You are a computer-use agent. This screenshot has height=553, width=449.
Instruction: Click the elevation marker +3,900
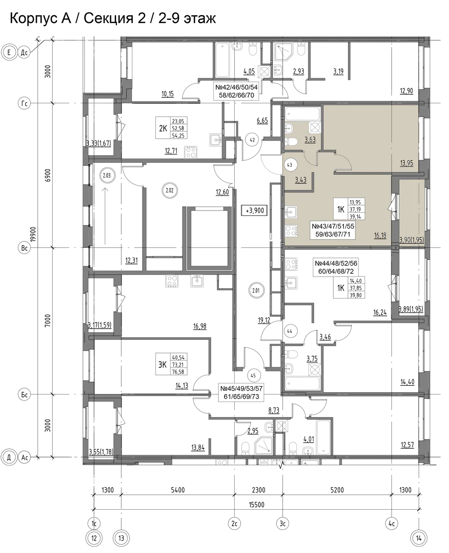(x=254, y=210)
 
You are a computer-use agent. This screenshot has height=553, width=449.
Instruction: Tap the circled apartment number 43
(x=290, y=165)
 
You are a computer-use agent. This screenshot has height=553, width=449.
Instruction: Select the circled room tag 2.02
(x=170, y=190)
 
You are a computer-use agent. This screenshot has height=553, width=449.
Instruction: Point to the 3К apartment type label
(x=162, y=365)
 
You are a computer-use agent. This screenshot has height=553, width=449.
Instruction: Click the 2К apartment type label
(x=163, y=128)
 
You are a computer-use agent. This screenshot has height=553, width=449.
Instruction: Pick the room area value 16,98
(x=200, y=326)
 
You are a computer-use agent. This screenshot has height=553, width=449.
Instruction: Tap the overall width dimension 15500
(x=257, y=505)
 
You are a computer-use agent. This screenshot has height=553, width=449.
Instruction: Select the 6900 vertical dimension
(x=48, y=176)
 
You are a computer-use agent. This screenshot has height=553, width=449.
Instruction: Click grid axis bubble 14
(x=419, y=538)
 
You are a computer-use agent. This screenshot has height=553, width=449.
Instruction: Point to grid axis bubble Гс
(x=24, y=103)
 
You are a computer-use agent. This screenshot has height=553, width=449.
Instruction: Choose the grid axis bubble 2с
(x=235, y=524)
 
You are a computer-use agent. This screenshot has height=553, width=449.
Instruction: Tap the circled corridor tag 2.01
(x=256, y=290)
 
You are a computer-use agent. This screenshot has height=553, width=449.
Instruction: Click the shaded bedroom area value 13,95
(x=407, y=163)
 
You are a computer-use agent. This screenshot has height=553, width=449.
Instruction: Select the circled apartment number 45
(x=253, y=376)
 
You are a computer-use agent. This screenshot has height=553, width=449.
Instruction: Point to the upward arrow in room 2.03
(x=105, y=216)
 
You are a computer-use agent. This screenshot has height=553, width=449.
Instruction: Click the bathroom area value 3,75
(x=312, y=359)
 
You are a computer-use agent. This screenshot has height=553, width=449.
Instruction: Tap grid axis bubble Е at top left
(x=9, y=53)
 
